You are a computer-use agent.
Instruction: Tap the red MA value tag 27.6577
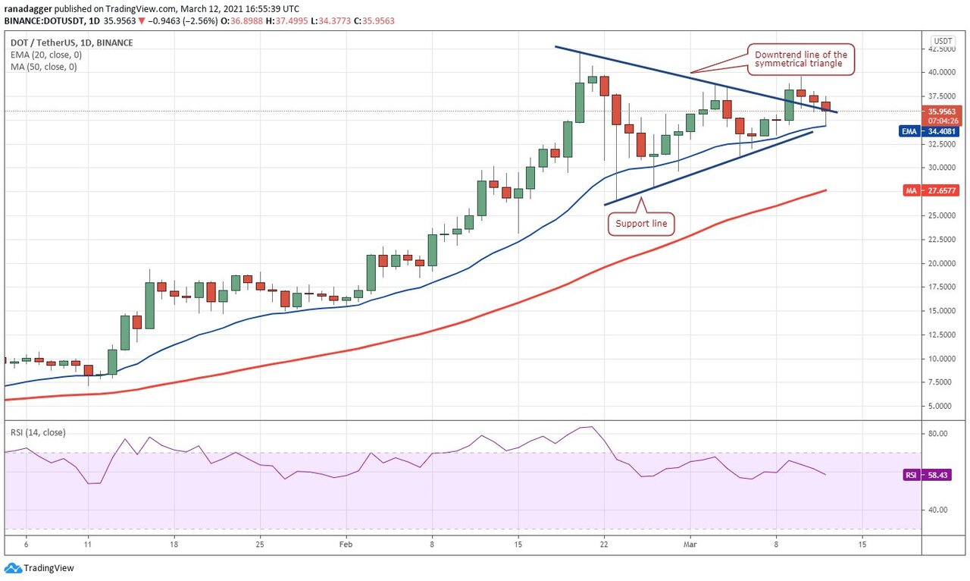tap(937, 190)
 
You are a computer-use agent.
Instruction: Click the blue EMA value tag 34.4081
tap(937, 131)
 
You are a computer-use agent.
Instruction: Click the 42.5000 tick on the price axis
tap(943, 49)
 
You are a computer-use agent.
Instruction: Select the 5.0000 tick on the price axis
tap(942, 407)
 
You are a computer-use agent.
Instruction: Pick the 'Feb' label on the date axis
tap(346, 544)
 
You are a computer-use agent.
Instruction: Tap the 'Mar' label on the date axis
tap(690, 544)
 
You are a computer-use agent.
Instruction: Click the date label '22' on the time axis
tap(604, 544)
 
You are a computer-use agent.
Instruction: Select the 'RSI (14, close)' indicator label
tap(38, 432)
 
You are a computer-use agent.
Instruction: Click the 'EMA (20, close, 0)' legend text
tap(45, 55)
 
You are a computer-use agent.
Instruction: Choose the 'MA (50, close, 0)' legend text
tap(44, 67)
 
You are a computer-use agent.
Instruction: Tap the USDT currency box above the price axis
tap(943, 40)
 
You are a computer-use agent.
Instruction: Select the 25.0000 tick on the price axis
tap(943, 215)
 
